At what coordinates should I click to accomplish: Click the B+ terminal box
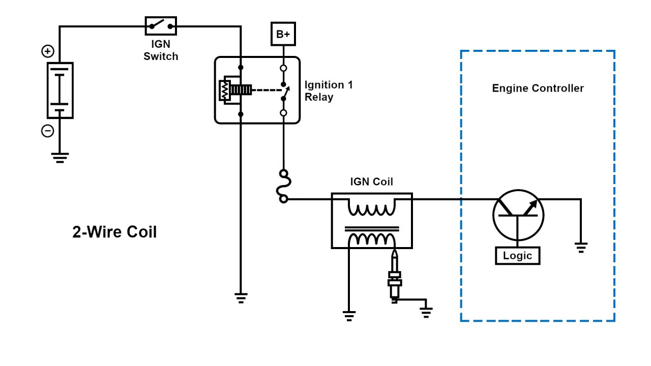coord(283,34)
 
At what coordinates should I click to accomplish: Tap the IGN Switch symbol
coord(161,25)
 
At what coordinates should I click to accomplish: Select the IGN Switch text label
coord(161,50)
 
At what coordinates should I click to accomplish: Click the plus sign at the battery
coord(47,51)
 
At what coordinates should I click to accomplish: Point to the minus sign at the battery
coord(47,131)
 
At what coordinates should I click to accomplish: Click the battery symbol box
coord(60,90)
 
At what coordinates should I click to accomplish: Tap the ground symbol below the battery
coord(60,158)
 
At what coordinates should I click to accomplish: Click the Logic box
coord(517,256)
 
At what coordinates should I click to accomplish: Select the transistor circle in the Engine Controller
coord(518,215)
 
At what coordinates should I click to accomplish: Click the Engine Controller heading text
coord(538,88)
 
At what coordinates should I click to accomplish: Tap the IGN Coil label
coord(371,182)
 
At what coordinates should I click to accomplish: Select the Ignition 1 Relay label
coord(328,91)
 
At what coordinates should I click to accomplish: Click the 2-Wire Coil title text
coord(114,232)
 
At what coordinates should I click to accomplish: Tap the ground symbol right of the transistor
coord(581,248)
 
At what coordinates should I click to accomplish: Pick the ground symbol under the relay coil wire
coord(241,298)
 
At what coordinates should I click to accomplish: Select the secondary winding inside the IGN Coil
coord(371,239)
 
